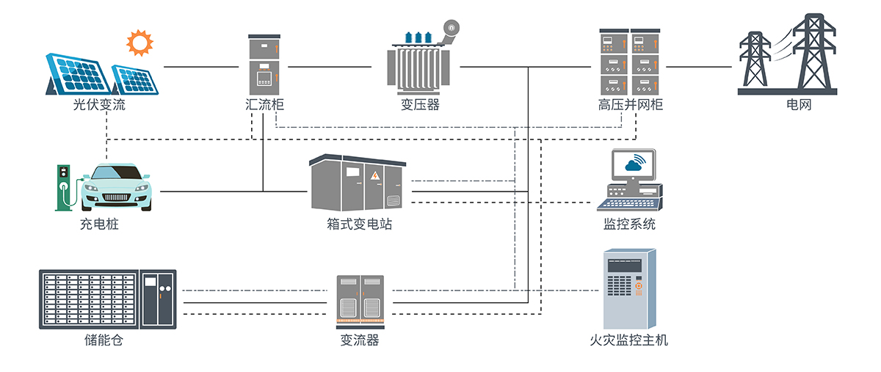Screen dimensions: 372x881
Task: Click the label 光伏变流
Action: click(94, 105)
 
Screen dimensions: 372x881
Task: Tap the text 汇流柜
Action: click(264, 105)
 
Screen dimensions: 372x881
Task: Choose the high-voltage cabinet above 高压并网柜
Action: click(630, 62)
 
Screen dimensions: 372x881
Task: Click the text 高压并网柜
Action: click(630, 105)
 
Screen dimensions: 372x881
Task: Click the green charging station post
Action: click(64, 188)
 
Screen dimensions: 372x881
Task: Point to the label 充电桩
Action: click(98, 225)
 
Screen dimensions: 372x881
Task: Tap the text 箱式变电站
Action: click(360, 225)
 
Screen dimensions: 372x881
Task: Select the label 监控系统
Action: click(630, 225)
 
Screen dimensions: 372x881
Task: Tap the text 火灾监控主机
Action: click(629, 340)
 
